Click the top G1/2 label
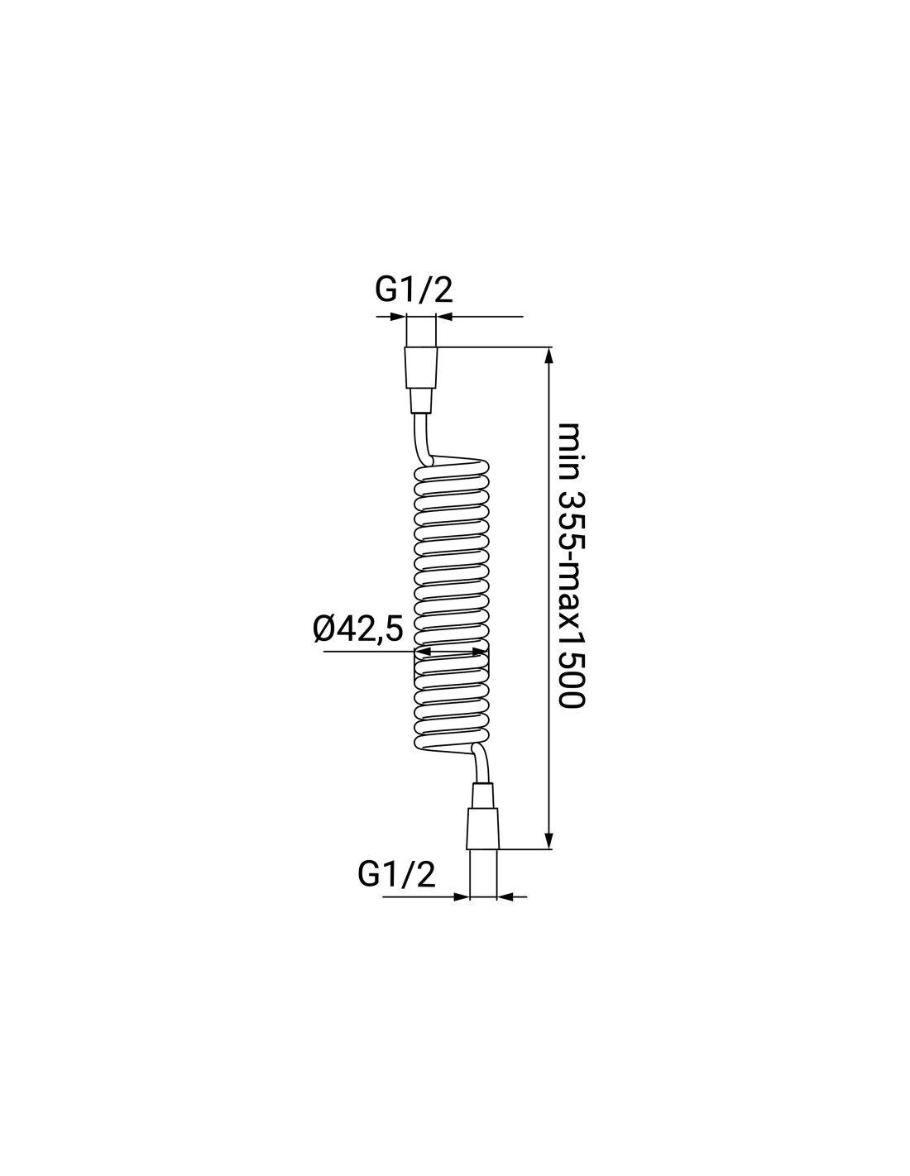pos(414,291)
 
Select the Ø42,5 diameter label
pos(358,629)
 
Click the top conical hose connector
pos(420,367)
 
